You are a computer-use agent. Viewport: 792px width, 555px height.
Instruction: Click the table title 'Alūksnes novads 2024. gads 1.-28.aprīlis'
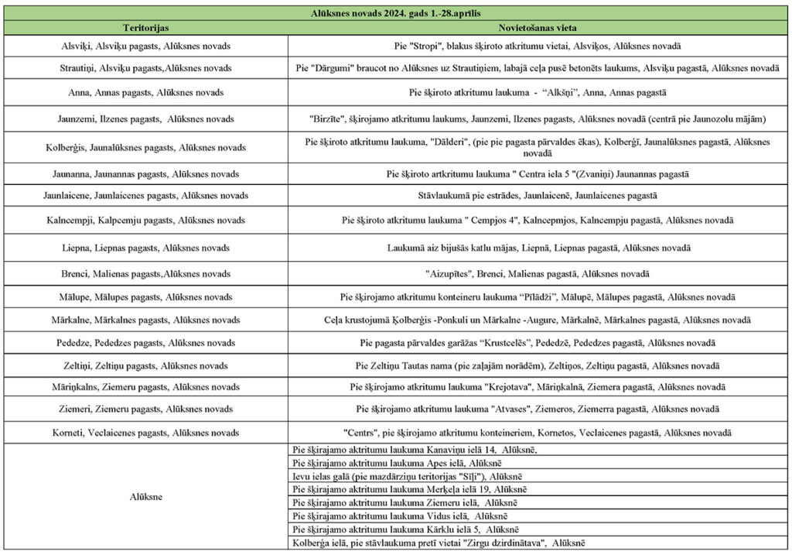click(397, 12)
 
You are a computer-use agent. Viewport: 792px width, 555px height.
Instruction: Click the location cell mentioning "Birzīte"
click(537, 119)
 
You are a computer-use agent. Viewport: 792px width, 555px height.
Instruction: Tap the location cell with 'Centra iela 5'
click(537, 174)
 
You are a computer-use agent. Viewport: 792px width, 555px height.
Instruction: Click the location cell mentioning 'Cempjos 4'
click(537, 221)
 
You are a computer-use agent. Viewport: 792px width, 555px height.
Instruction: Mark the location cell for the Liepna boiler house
click(537, 248)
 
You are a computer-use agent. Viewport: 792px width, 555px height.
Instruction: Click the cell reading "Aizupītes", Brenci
click(537, 274)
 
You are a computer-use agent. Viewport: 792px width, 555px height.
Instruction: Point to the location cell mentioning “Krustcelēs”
click(537, 342)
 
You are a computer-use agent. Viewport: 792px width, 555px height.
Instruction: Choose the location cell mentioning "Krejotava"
click(537, 386)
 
